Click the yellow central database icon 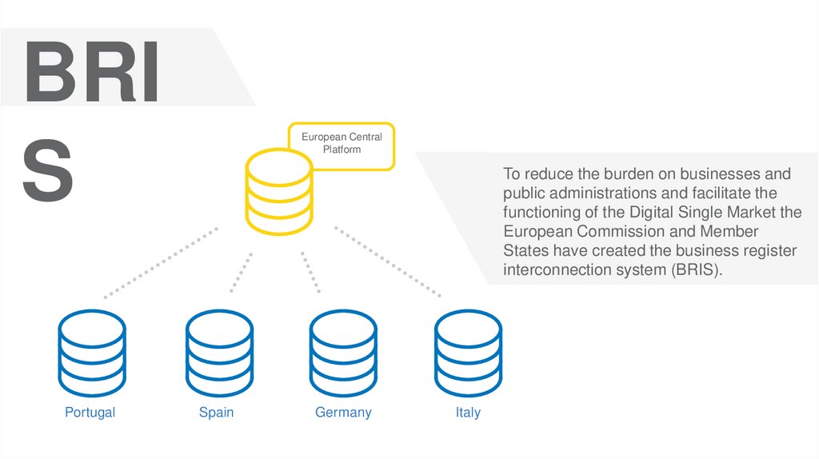(x=278, y=191)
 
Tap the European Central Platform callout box (x=342, y=145)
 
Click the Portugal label (x=90, y=413)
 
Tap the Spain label (x=216, y=413)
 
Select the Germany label (x=343, y=413)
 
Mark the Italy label (x=468, y=413)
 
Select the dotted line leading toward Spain (x=242, y=273)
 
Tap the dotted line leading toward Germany (x=311, y=273)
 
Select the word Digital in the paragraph (x=657, y=212)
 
